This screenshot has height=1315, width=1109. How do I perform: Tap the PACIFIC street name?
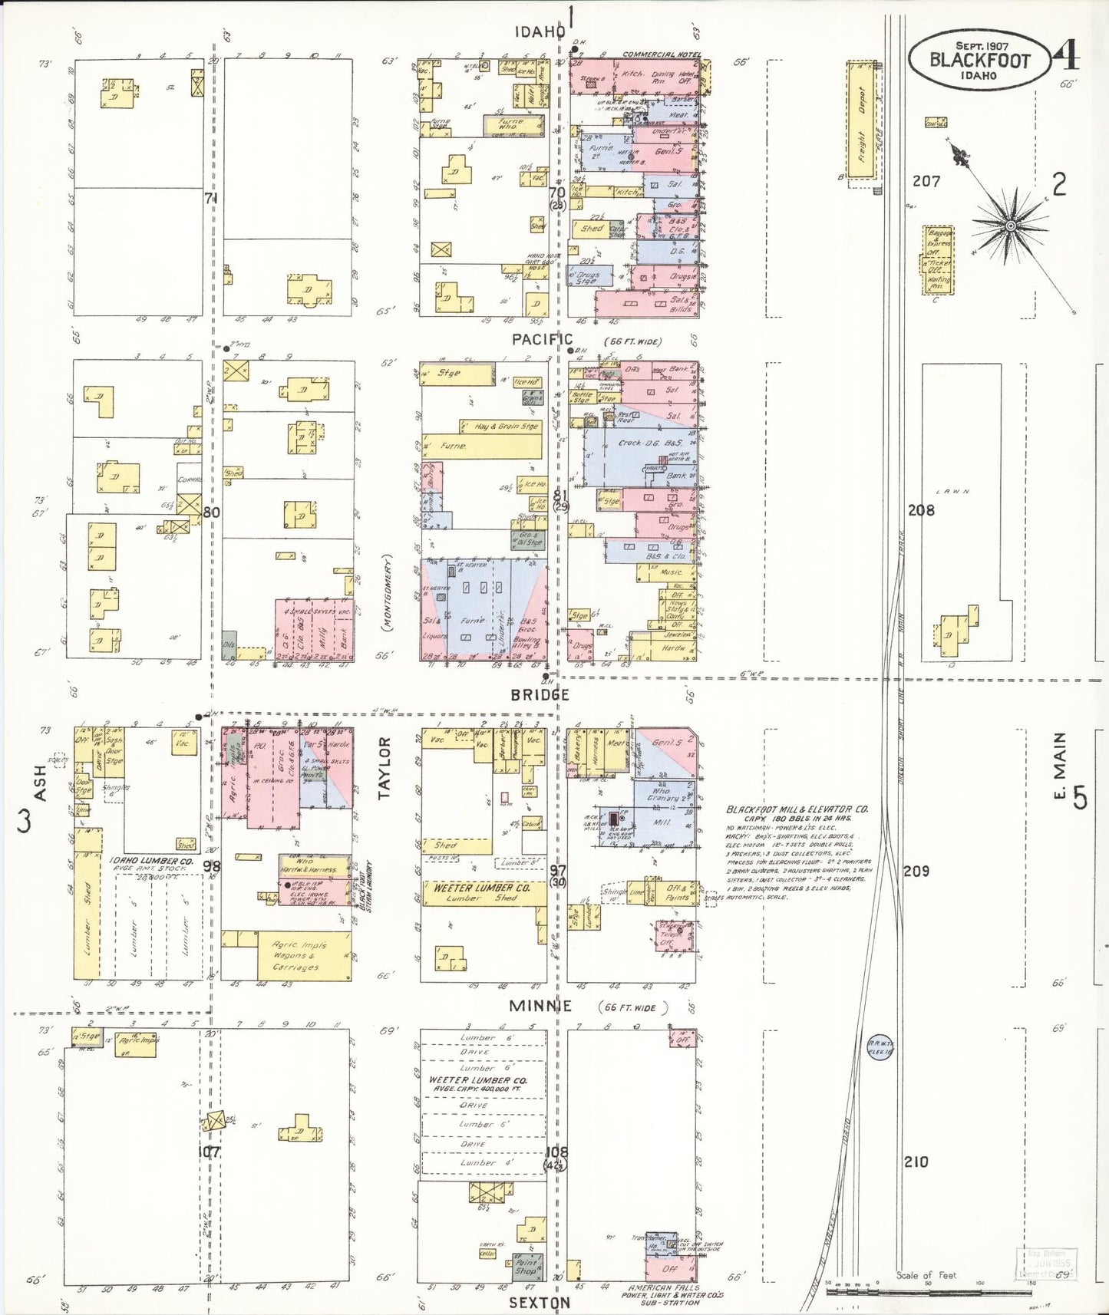click(543, 339)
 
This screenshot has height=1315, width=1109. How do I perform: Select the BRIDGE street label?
click(540, 694)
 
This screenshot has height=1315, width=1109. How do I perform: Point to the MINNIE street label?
click(541, 1006)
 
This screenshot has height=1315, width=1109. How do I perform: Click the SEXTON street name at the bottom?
click(540, 1303)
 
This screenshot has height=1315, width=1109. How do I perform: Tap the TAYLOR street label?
click(385, 768)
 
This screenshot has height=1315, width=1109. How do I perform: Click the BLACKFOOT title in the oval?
click(979, 61)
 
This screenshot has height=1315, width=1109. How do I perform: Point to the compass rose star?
click(1011, 226)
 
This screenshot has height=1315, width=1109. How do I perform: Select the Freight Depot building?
click(861, 120)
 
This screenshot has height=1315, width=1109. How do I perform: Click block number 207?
click(926, 181)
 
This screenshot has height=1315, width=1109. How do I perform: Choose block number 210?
click(916, 1162)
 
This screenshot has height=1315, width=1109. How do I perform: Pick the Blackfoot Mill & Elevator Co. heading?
click(797, 809)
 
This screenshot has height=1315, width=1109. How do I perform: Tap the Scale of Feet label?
click(926, 1275)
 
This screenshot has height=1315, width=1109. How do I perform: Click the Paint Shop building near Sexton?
click(526, 1266)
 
